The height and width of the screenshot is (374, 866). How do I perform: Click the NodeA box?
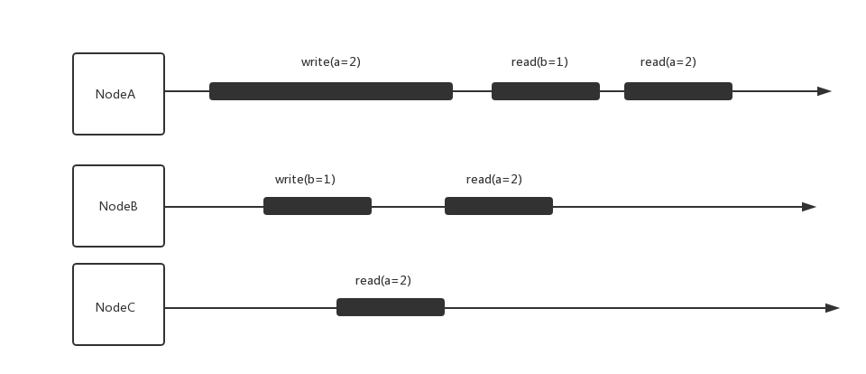click(x=118, y=94)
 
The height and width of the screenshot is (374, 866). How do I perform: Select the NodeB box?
click(x=118, y=206)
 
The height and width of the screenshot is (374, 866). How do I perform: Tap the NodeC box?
click(x=118, y=307)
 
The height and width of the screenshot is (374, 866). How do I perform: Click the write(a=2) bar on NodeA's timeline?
click(x=331, y=91)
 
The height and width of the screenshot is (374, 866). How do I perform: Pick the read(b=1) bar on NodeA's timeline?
click(x=545, y=91)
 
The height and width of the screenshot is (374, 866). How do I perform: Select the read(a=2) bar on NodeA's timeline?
click(x=677, y=91)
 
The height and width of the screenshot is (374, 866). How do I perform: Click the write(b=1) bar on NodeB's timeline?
click(x=317, y=206)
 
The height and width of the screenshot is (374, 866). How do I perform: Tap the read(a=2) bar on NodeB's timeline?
click(x=498, y=206)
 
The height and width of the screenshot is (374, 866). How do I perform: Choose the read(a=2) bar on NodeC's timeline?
click(x=390, y=307)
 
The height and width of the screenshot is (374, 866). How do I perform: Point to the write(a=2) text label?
click(x=330, y=62)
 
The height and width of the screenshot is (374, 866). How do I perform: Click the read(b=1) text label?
click(x=539, y=62)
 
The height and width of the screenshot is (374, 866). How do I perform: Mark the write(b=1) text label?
click(x=305, y=180)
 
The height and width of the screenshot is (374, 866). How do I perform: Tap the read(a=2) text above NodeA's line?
click(x=668, y=62)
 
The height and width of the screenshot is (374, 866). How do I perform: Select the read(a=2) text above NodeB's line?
click(x=493, y=180)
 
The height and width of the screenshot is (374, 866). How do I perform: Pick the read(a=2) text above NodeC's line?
click(x=382, y=281)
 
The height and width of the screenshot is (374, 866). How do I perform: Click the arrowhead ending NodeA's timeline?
click(x=825, y=91)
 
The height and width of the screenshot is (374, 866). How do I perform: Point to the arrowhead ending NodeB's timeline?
click(x=809, y=207)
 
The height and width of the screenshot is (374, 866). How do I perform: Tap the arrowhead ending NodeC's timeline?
click(x=833, y=308)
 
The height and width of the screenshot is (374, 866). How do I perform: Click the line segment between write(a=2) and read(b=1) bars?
click(x=472, y=91)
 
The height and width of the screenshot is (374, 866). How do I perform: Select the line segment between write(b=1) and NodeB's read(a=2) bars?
click(x=408, y=207)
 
